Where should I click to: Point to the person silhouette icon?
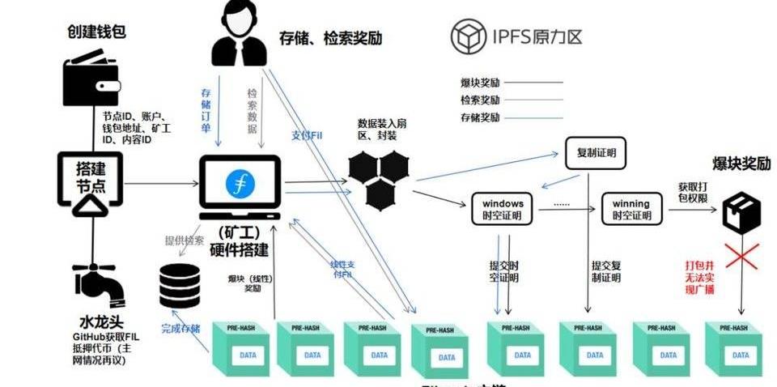point(239,36)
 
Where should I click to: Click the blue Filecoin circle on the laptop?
point(240,184)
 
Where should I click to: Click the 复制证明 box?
point(596,152)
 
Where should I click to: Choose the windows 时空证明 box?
point(503,208)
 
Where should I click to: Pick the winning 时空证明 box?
point(631,208)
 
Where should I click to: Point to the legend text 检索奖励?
point(479,100)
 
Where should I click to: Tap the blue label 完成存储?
point(180,330)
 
